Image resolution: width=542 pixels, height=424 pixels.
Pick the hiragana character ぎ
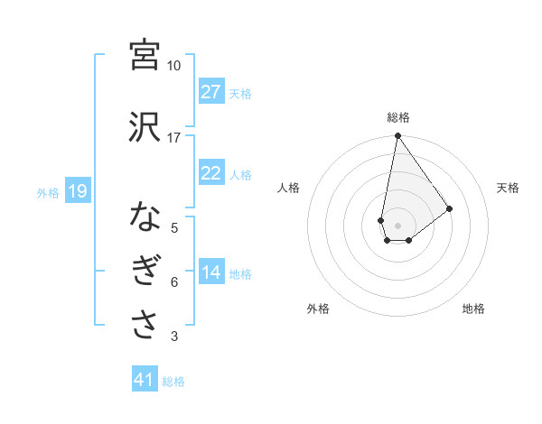145,272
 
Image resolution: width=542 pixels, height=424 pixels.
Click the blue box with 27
211,92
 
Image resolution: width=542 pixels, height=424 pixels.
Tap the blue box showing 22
211,174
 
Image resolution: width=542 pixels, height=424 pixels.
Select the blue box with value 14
211,273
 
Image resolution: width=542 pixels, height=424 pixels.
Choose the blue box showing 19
77,191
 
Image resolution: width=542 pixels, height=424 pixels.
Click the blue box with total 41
145,380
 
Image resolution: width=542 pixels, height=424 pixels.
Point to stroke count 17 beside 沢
174,138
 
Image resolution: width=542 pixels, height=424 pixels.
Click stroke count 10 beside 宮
174,66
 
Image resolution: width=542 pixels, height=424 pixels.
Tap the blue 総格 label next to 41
173,381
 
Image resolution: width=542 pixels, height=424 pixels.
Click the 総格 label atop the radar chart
397,117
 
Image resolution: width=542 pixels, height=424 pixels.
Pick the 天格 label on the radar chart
508,188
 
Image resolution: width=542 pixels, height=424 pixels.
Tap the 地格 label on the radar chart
473,309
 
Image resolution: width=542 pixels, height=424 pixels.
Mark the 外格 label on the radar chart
318,309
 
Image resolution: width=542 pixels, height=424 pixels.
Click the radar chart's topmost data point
397,136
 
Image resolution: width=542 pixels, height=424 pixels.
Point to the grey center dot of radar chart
397,224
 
